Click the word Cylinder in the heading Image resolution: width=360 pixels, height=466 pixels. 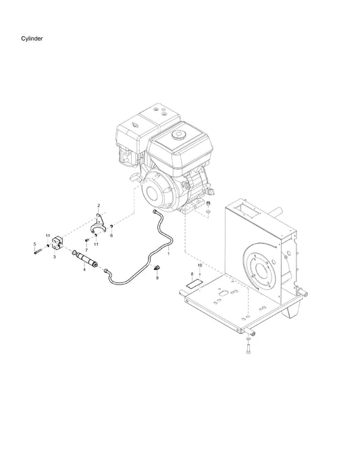tap(32, 40)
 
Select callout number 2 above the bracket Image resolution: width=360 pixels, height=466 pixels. tap(98, 205)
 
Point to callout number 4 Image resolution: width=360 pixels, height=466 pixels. tap(84, 269)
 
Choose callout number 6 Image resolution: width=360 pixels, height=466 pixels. tap(111, 236)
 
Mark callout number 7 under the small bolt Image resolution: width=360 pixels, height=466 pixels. tap(86, 250)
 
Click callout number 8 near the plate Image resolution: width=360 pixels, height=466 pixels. tap(192, 276)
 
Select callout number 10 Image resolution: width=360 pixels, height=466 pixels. tap(200, 265)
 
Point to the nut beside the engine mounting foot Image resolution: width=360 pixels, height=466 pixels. tap(209, 205)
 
